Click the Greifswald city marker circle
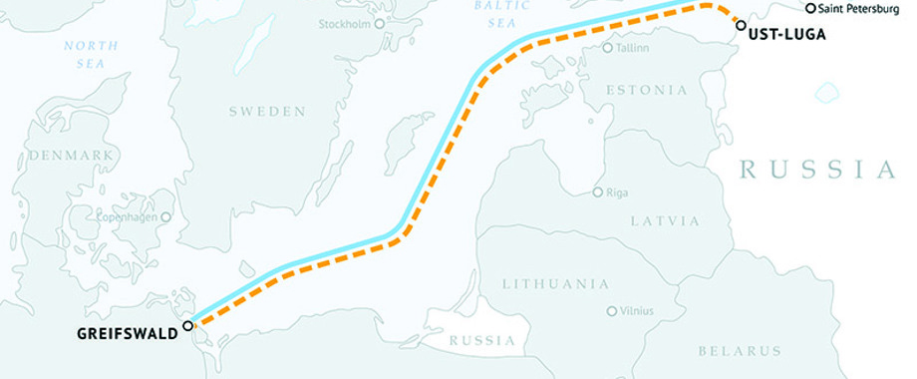coord(187,326)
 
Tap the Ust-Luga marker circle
coord(740,24)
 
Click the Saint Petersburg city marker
coord(810,9)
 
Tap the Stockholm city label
coord(344,23)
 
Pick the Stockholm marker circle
coord(379,23)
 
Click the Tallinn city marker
coord(608,47)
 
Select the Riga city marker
coord(597,192)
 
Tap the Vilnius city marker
coord(611,311)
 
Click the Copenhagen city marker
coord(165,216)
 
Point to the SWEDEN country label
coord(267,112)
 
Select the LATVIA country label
coord(664,219)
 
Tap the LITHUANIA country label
coord(556,284)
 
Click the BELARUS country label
coord(740,351)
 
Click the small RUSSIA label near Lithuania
coord(482,341)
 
